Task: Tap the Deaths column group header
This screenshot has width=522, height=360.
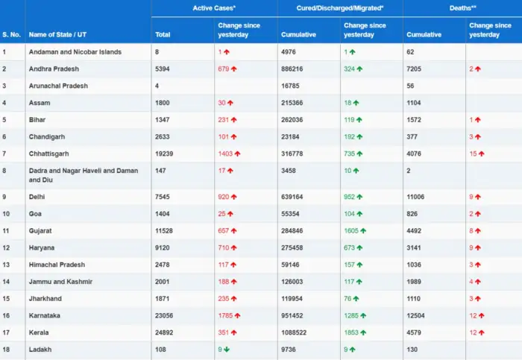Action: click(463, 7)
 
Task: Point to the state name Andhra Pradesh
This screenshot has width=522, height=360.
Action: click(54, 69)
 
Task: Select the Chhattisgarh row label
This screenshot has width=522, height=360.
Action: click(48, 154)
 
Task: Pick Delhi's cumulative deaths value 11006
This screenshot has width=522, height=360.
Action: click(418, 197)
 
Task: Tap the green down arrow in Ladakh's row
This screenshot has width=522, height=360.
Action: click(227, 349)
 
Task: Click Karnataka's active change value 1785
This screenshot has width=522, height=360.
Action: click(227, 315)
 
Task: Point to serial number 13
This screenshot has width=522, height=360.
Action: click(6, 265)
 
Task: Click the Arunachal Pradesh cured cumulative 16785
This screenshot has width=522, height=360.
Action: click(292, 86)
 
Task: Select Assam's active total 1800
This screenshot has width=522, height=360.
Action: click(163, 103)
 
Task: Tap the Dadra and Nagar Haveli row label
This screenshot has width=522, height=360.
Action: click(83, 175)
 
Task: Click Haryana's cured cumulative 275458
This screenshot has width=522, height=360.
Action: click(295, 247)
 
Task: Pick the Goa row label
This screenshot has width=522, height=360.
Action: click(36, 213)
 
